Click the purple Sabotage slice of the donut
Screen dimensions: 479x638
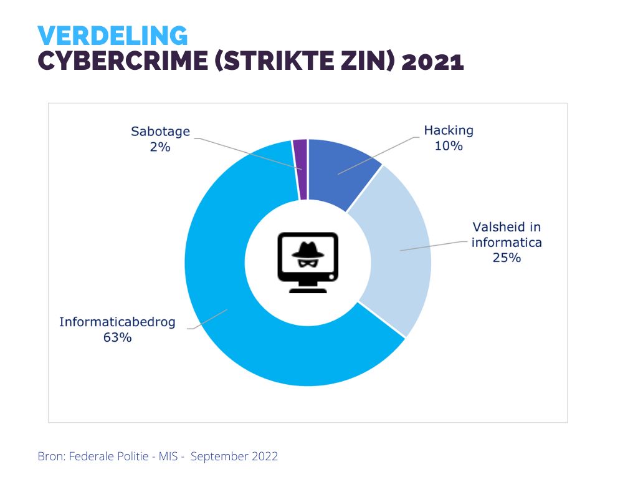300,168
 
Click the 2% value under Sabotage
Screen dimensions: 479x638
160,147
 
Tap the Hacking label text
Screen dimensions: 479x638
449,130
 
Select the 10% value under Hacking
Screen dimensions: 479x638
449,146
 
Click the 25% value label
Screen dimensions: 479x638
507,258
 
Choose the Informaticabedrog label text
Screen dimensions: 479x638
117,322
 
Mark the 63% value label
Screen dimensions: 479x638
117,338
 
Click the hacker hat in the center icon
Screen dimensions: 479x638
307,248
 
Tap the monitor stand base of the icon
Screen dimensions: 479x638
308,288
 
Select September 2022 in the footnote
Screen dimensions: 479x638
234,456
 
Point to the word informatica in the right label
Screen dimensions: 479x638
507,242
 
